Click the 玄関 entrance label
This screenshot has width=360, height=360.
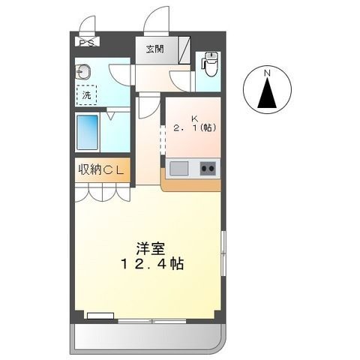pyautogui.click(x=154, y=50)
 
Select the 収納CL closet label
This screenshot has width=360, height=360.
pyautogui.click(x=101, y=169)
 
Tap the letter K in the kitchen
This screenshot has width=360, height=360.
pyautogui.click(x=193, y=118)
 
